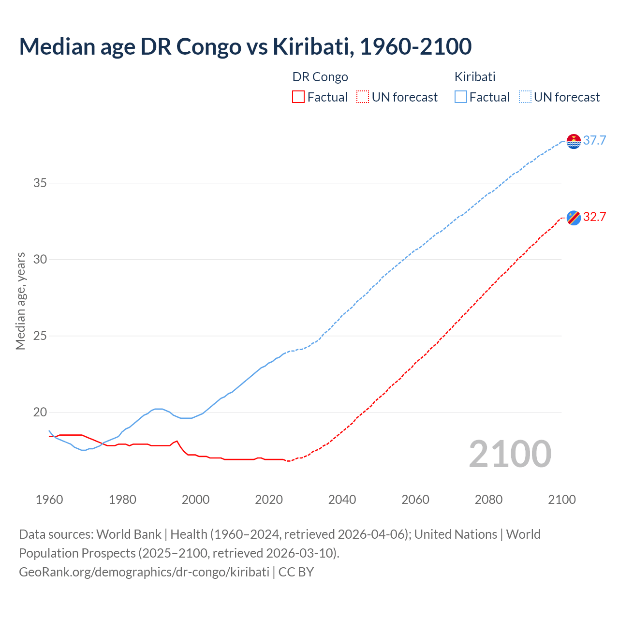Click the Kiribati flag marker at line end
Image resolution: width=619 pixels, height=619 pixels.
click(x=574, y=141)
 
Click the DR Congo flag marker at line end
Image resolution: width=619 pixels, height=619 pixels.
click(x=574, y=218)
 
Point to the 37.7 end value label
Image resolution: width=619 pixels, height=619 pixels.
click(x=594, y=141)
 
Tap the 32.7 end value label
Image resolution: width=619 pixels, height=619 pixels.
click(x=594, y=217)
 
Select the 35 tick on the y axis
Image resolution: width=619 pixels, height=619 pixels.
click(x=40, y=183)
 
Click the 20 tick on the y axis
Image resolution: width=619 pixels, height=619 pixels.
click(x=40, y=413)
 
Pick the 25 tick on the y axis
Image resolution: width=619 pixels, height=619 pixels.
click(x=40, y=336)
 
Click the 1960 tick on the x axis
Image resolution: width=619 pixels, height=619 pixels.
click(x=49, y=500)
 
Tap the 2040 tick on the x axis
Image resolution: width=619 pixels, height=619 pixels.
click(x=342, y=500)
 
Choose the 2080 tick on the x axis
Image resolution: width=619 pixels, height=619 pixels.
click(x=488, y=500)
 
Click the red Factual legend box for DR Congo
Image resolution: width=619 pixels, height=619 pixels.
click(x=298, y=97)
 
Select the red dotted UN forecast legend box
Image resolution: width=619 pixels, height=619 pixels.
click(x=363, y=97)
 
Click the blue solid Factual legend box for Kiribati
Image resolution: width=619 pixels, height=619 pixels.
click(x=460, y=97)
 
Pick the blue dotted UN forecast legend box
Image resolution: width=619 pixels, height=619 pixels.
click(x=525, y=97)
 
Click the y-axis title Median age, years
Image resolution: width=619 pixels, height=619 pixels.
click(x=20, y=301)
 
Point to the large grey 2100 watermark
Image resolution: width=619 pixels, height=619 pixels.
click(x=510, y=454)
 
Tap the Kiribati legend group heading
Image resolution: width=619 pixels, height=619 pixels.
click(x=475, y=77)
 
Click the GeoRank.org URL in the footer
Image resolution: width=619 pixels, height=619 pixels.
click(x=144, y=572)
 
